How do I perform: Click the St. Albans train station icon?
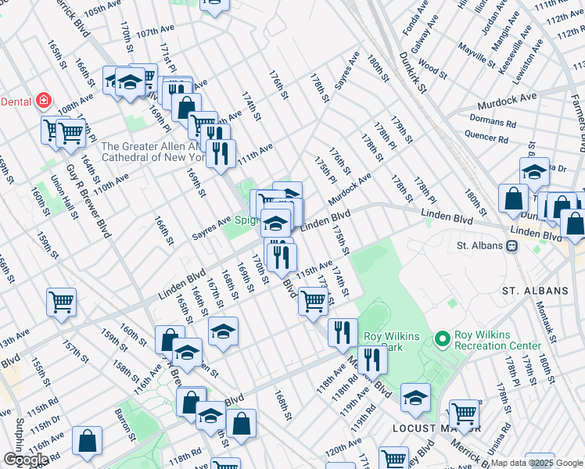click(513, 245)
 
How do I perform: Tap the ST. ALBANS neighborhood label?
click(535, 291)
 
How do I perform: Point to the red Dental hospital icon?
click(45, 101)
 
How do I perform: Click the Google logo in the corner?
click(26, 460)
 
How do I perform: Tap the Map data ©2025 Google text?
click(537, 463)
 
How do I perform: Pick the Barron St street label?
click(122, 423)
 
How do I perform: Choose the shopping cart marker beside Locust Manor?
click(465, 414)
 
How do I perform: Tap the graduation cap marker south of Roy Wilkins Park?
click(415, 397)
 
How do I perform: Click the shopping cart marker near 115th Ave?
click(313, 299)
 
